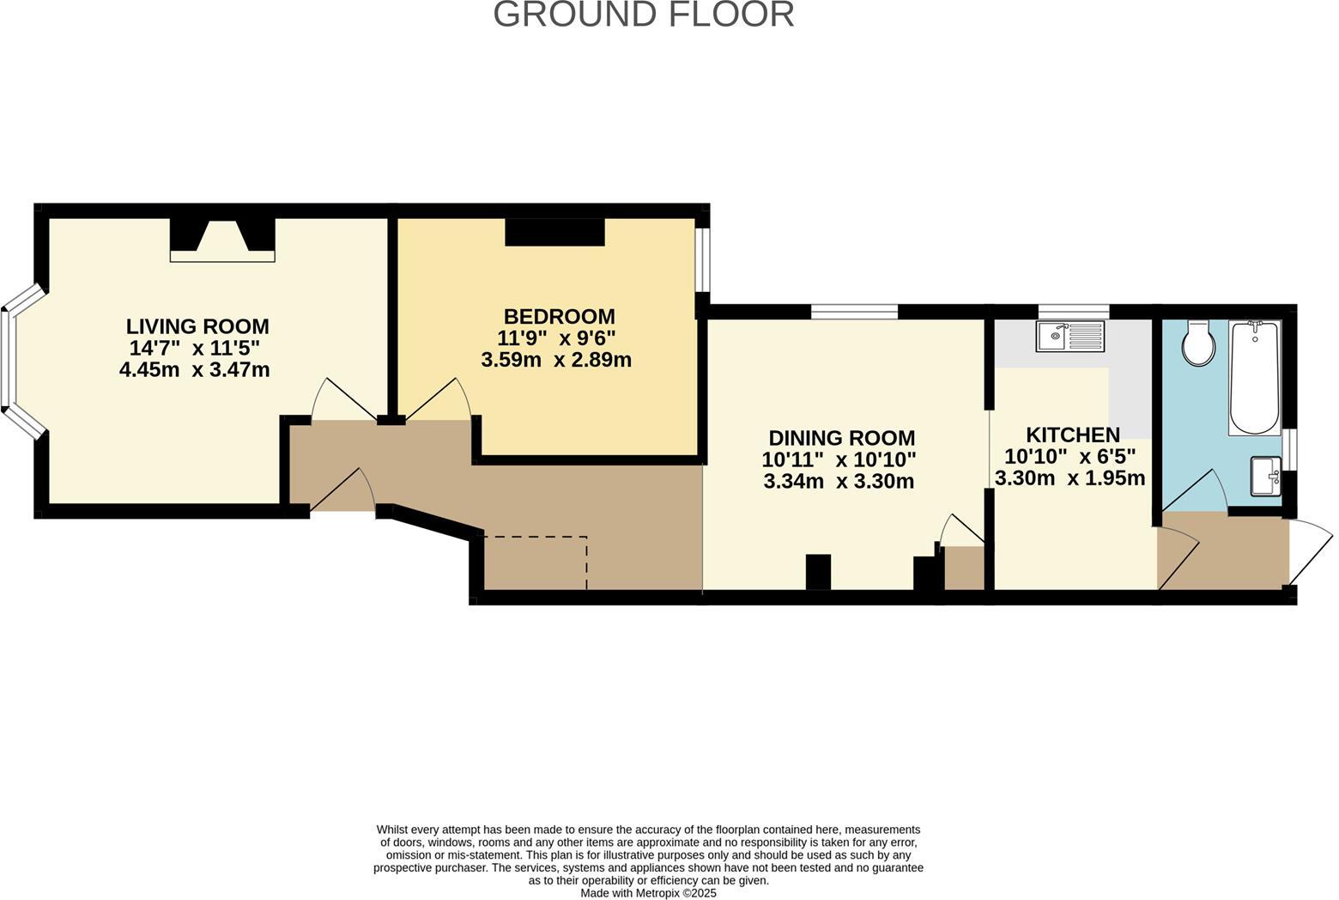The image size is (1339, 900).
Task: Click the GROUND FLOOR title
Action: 643,15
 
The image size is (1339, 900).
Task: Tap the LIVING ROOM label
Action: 197,326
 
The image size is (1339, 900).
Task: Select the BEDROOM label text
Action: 559,316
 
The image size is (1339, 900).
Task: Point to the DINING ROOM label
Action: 841,438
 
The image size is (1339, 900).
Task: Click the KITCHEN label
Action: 1073,435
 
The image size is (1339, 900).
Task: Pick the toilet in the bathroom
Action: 1197,343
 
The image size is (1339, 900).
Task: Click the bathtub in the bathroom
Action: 1255,378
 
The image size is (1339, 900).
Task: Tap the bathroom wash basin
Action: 1266,476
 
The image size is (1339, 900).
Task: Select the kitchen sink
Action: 1069,336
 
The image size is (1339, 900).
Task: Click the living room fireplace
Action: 222,240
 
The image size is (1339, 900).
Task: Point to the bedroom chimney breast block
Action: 554,232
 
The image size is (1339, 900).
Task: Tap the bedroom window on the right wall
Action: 702,259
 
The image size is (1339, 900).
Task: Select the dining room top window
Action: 854,312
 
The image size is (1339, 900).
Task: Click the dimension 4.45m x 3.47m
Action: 195,370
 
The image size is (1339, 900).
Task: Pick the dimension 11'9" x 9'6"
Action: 556,337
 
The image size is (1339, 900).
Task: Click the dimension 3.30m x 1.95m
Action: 1069,478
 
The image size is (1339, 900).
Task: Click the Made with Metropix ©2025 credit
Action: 648,893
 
